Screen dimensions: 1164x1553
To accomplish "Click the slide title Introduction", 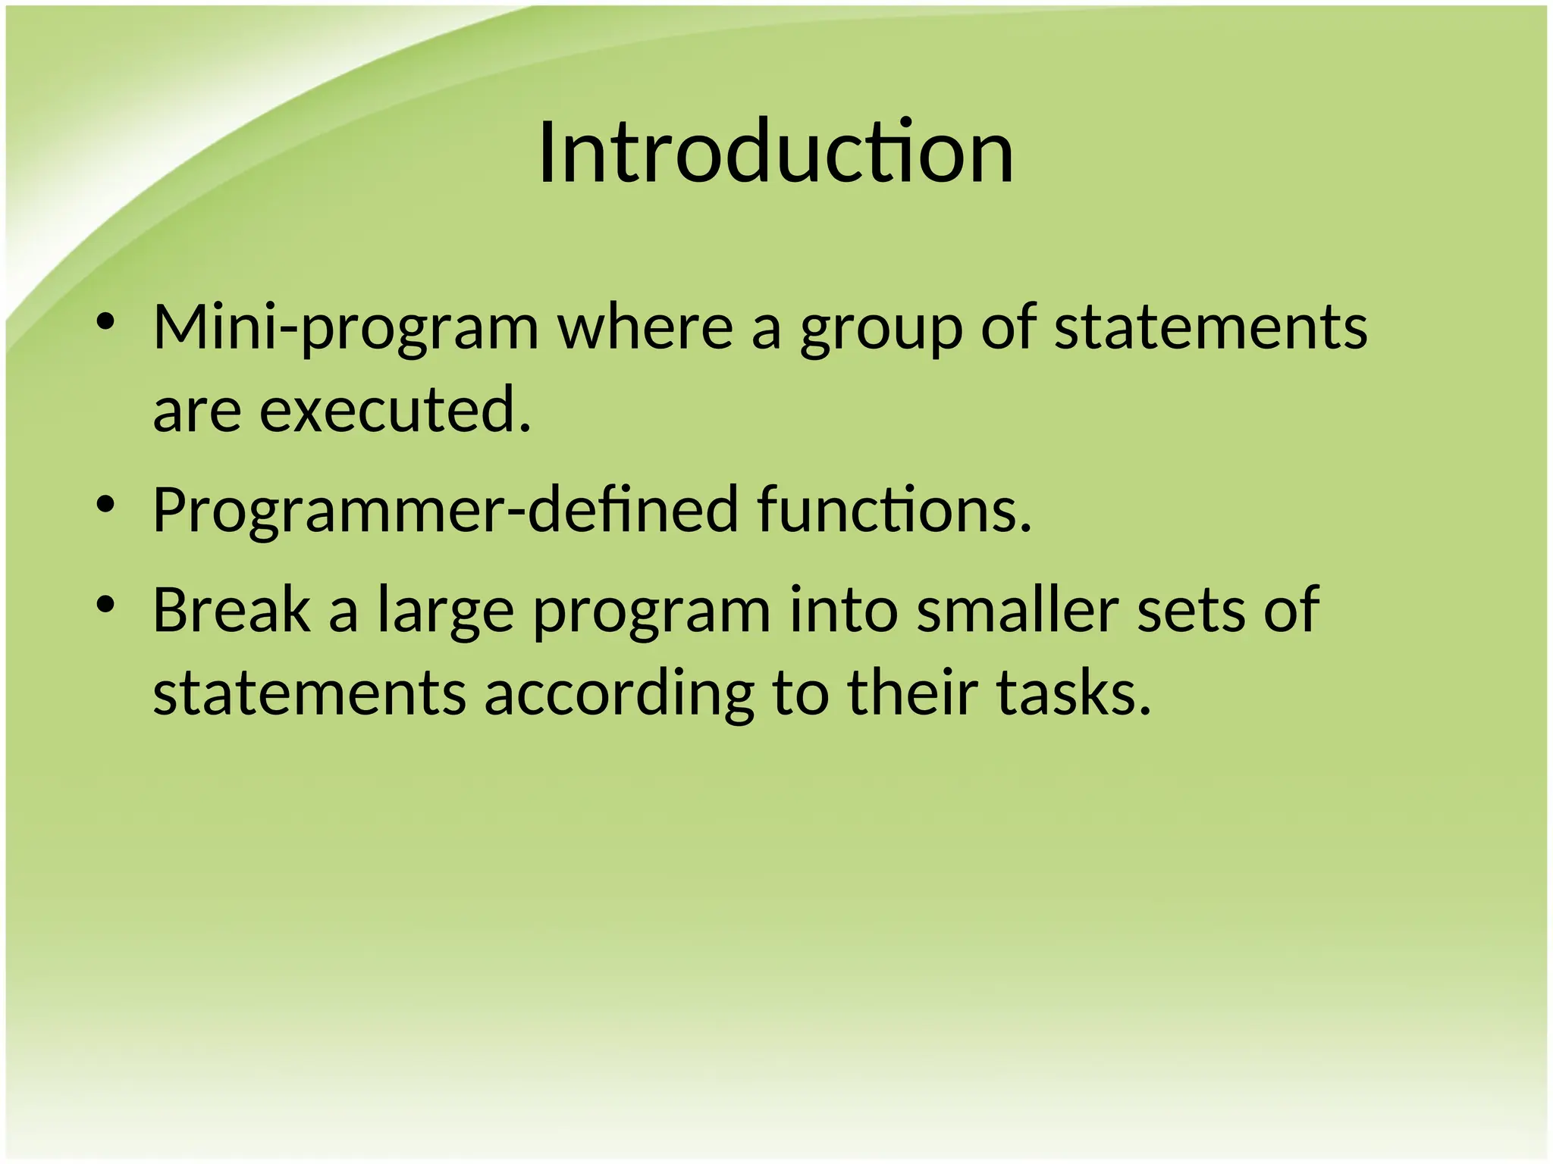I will click(x=776, y=153).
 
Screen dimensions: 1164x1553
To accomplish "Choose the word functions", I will click(x=895, y=509).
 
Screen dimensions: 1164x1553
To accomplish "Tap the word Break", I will click(x=231, y=610).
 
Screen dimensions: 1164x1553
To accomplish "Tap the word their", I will click(x=911, y=693).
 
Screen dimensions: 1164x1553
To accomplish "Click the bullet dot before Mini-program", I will click(x=105, y=322).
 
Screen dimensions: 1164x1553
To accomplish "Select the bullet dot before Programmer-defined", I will click(x=105, y=504).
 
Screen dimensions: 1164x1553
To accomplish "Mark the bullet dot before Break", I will click(x=105, y=605).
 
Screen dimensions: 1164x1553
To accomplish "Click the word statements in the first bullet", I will click(x=1210, y=329).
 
